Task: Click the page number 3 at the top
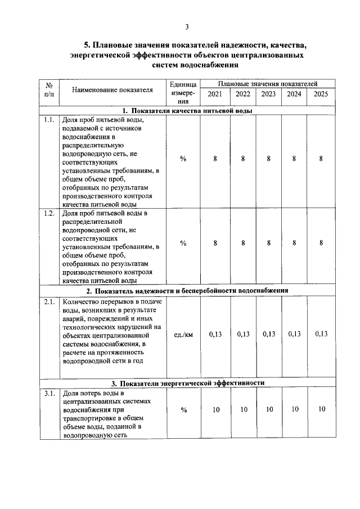click(187, 26)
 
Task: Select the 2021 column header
click(215, 94)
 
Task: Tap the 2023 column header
click(268, 94)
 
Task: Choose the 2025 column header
click(321, 94)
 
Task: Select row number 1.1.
click(48, 120)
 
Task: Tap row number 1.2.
click(48, 214)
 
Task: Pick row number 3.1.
click(48, 393)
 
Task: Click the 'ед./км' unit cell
click(183, 334)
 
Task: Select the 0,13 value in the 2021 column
click(215, 334)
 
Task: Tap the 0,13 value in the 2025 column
click(321, 334)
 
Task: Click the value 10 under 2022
click(243, 409)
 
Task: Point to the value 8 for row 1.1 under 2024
click(295, 159)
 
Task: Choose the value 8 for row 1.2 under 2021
click(215, 243)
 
